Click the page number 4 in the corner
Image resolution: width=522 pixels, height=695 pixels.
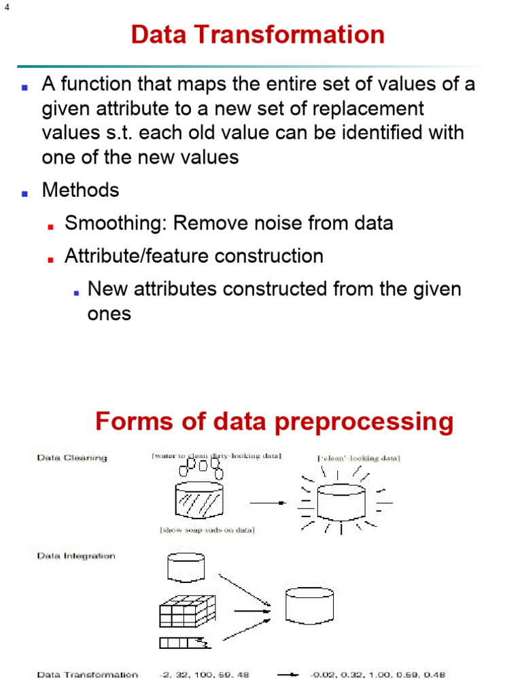pos(7,8)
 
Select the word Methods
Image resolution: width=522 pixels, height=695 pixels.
pos(80,190)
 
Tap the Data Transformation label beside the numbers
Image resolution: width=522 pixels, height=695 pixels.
pos(87,675)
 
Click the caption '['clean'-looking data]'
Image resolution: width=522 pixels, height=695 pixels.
pos(359,459)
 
